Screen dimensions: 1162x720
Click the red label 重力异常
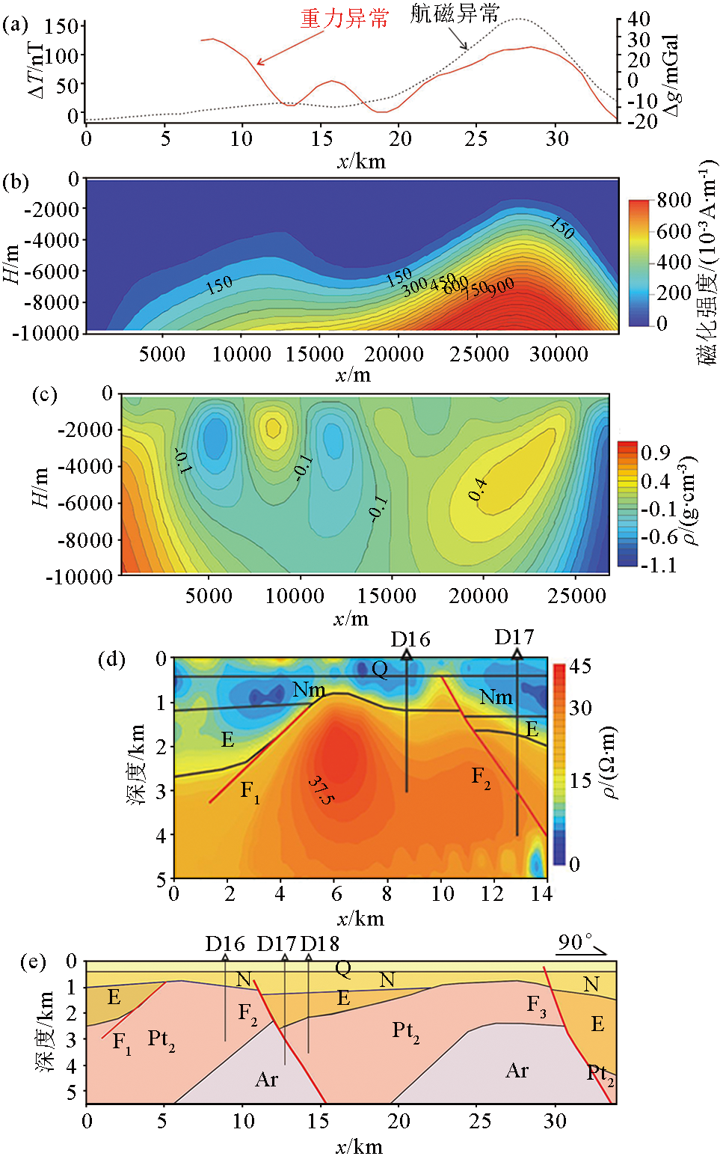pos(345,19)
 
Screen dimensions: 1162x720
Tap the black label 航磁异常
pos(454,13)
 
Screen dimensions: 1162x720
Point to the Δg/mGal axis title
pos(671,75)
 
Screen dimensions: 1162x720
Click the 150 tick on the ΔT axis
pos(61,27)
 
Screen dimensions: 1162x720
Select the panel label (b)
pos(16,182)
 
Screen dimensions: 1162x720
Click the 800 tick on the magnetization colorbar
pos(674,201)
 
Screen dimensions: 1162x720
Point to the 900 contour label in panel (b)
pos(501,286)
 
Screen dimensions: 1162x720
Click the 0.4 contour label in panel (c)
pos(478,490)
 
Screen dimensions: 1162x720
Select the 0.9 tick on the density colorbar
pos(655,453)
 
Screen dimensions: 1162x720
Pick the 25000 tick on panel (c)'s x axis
pos(576,596)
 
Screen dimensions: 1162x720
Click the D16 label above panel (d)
pos(410,640)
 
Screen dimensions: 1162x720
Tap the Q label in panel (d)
pos(380,668)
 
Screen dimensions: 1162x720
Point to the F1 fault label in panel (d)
pos(250,790)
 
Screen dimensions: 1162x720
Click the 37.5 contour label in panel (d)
pos(321,790)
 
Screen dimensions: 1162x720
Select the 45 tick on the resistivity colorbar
pos(580,666)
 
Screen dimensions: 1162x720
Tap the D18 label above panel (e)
pos(320,944)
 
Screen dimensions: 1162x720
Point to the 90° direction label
pos(575,942)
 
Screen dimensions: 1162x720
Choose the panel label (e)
pos(33,962)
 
